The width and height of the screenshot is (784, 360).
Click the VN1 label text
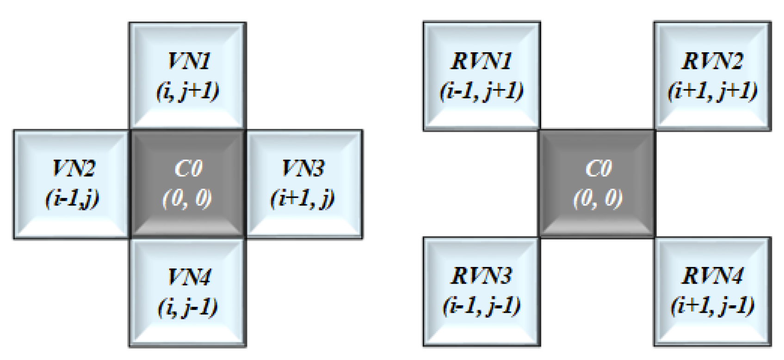click(189, 61)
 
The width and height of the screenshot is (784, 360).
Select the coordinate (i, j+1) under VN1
click(187, 91)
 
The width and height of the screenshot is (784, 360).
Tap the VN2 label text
click(74, 168)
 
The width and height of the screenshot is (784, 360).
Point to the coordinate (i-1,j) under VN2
click(72, 199)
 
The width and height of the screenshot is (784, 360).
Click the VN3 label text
click(303, 168)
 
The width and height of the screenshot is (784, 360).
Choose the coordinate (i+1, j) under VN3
click(302, 199)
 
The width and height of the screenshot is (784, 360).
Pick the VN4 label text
click(189, 277)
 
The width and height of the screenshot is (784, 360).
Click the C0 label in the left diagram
click(188, 168)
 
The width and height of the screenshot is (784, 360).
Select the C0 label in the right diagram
click(598, 168)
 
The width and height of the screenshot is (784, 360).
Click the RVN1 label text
click(482, 61)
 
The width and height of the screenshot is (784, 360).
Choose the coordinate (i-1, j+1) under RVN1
click(482, 91)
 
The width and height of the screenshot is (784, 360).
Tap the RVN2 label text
click(712, 61)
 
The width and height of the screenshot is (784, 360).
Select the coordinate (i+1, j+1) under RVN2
click(712, 91)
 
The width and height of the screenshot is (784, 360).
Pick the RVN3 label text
click(482, 276)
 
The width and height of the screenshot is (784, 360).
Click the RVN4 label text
click(712, 276)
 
